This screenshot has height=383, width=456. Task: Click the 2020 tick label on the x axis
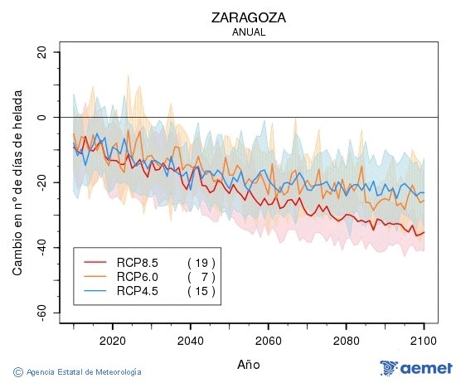[x=112, y=341]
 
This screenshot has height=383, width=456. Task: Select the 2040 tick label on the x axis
[x=190, y=341]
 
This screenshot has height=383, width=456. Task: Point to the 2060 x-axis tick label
[x=268, y=341]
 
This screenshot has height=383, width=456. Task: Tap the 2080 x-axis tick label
[x=346, y=341]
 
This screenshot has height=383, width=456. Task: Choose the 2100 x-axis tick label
[x=424, y=341]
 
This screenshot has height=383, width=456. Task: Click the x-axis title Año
[x=248, y=364]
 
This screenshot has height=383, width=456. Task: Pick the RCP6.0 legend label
[x=137, y=276]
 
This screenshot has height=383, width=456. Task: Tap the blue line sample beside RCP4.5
[x=95, y=291]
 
